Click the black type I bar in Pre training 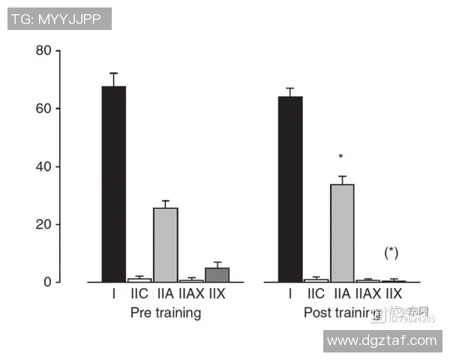113,184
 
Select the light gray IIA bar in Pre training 166,244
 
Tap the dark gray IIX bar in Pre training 217,274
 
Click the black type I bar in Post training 290,189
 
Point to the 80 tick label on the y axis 43,51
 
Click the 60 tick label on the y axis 43,109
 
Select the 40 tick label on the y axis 43,166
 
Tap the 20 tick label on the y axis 43,224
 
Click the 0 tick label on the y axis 48,282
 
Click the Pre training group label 166,312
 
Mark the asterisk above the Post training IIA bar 341,157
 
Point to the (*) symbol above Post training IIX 391,253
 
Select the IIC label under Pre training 139,295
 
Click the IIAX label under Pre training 190,295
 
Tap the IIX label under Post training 394,295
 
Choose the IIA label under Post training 342,295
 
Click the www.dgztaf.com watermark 382,340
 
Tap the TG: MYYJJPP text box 60,19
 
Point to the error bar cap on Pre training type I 113,73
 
